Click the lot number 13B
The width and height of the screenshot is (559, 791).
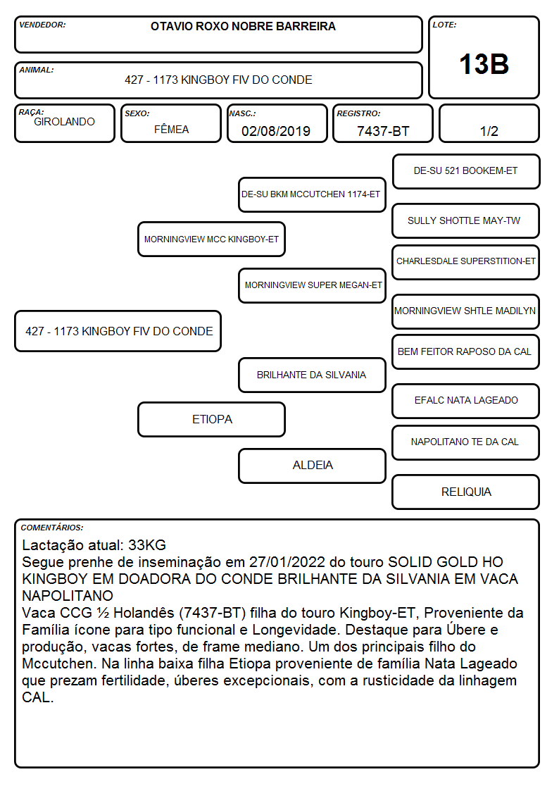click(484, 64)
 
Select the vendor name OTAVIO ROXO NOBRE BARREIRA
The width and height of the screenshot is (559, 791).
click(243, 26)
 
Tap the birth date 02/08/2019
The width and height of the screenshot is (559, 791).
click(276, 131)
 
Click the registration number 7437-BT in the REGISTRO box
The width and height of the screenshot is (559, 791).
click(383, 131)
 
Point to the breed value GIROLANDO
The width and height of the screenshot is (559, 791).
click(64, 122)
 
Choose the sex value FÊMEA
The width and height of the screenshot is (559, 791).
click(171, 129)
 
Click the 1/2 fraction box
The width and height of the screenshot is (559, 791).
click(489, 123)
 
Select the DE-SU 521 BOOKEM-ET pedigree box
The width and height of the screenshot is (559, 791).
click(466, 172)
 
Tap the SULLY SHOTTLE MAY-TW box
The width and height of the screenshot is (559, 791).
click(466, 221)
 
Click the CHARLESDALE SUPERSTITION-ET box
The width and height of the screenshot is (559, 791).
click(466, 262)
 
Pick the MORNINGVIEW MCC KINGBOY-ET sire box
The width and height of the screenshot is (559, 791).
click(212, 239)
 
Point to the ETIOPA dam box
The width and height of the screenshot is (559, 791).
click(212, 419)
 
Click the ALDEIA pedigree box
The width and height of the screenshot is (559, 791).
click(313, 466)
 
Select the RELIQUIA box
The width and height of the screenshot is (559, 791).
click(466, 492)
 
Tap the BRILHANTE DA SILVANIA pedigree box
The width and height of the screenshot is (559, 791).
click(313, 375)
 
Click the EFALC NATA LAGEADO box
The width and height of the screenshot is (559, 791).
click(466, 401)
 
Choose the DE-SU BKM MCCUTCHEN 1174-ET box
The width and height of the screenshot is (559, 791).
click(313, 194)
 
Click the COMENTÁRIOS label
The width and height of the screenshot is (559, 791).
click(52, 528)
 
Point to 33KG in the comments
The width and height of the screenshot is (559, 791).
click(147, 544)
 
